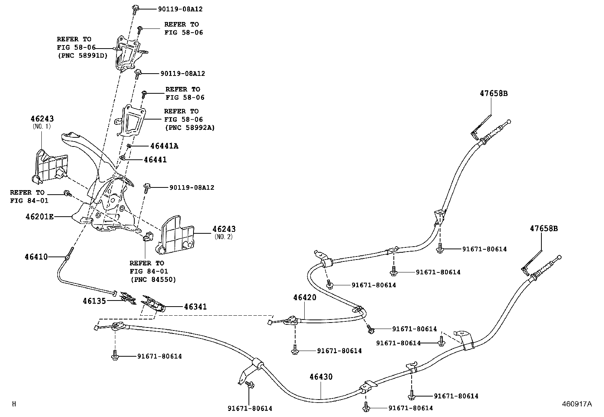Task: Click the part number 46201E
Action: click(39, 217)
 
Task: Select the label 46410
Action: click(36, 257)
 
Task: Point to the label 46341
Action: click(195, 307)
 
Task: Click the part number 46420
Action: click(304, 298)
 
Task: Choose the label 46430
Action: click(321, 377)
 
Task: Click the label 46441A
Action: click(164, 146)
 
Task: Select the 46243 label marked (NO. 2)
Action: click(224, 229)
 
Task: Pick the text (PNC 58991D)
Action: click(82, 56)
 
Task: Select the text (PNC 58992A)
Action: click(189, 128)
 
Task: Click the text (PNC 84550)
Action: click(154, 280)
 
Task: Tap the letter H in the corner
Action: click(14, 404)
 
